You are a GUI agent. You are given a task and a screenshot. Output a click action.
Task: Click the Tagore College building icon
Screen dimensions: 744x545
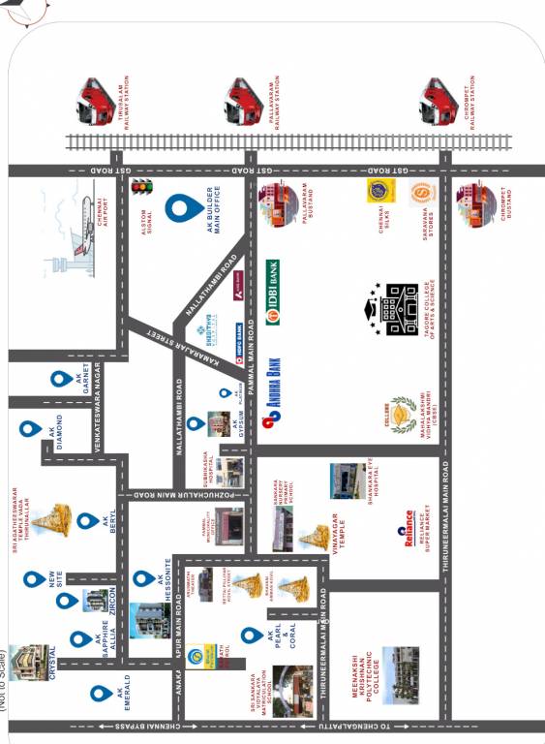400,309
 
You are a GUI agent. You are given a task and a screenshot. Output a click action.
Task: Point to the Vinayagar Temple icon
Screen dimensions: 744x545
313,536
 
